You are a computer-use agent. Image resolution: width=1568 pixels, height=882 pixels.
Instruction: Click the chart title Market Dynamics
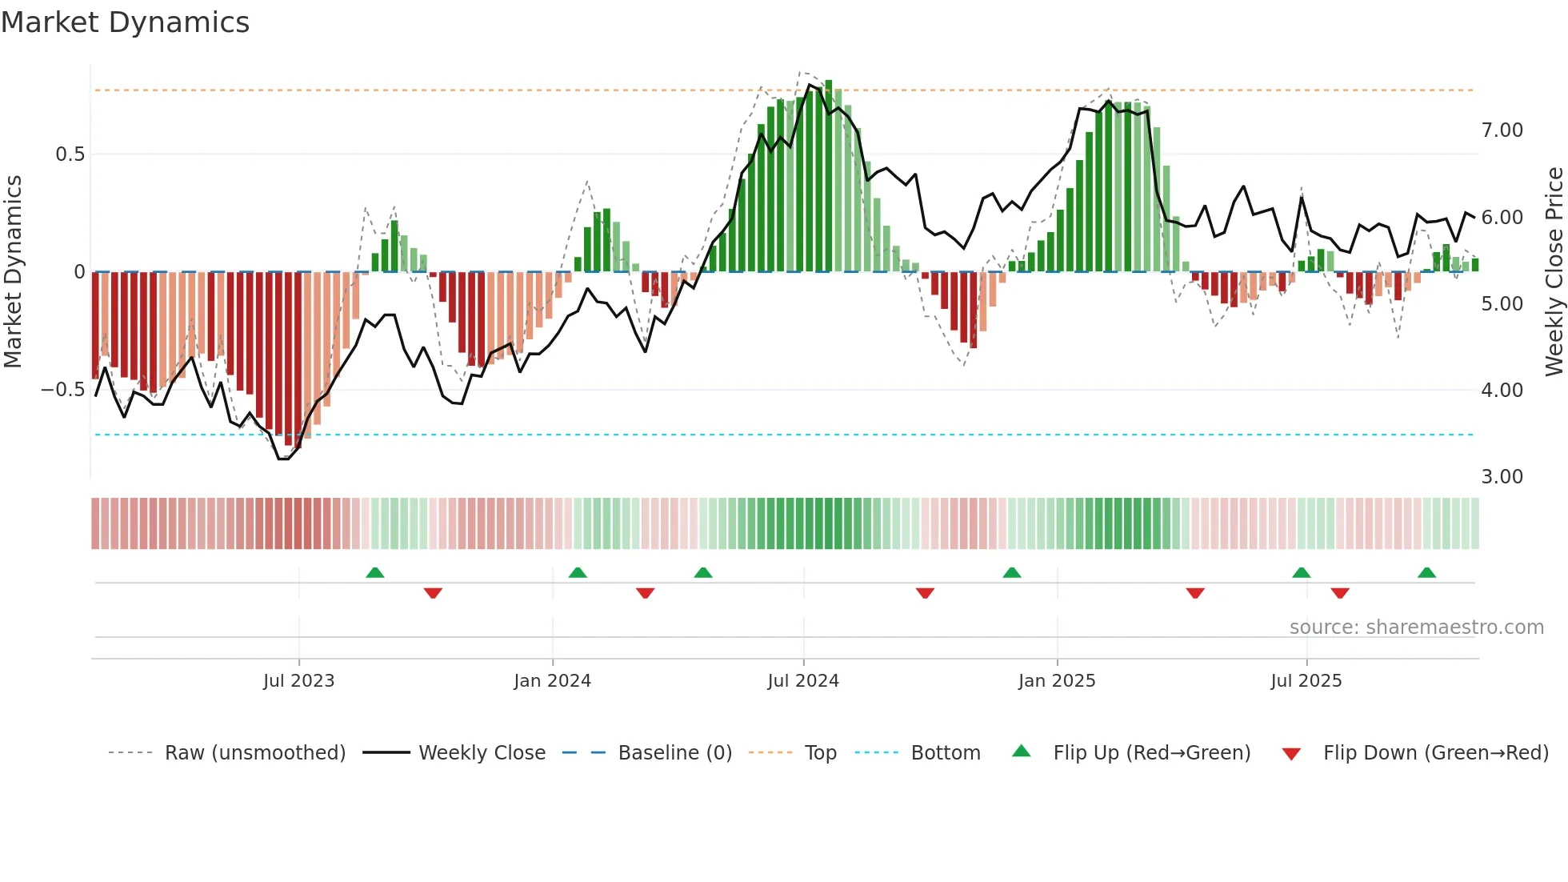tap(125, 22)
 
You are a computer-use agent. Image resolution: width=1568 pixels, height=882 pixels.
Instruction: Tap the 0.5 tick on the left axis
tap(70, 154)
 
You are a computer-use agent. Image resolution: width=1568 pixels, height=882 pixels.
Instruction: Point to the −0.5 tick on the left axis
tap(62, 390)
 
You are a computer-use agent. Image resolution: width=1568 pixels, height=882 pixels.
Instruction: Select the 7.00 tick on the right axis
tap(1502, 130)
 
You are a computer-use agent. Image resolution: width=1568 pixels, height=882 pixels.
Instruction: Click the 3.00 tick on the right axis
tap(1502, 477)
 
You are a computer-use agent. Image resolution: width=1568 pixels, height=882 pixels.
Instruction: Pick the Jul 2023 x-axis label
tap(298, 681)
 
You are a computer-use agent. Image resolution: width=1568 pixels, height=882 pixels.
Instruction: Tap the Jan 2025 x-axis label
tap(1056, 681)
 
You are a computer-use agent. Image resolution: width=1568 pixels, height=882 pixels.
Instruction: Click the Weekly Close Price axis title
tap(1554, 272)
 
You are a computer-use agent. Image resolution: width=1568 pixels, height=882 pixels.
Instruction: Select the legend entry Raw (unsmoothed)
tap(254, 753)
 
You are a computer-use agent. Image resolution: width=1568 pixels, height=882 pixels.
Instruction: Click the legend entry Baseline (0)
tap(674, 753)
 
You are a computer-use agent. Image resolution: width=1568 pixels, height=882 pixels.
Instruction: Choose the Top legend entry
tap(820, 753)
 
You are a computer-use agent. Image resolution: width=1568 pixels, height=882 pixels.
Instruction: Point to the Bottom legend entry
tap(945, 753)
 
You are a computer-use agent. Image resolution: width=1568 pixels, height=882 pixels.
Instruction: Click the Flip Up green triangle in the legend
tap(1022, 752)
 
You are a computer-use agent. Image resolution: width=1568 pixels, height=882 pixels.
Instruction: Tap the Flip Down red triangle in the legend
tap(1291, 754)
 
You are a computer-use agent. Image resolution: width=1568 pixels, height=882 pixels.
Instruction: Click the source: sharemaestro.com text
tap(1416, 627)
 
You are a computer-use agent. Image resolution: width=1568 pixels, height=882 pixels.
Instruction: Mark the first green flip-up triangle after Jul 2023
tap(374, 572)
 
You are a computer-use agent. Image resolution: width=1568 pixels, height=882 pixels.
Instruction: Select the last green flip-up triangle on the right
tap(1426, 572)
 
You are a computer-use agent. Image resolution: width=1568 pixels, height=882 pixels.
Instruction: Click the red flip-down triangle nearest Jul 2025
tap(1340, 593)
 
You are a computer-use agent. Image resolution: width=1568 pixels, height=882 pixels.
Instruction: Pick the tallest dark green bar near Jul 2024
tap(829, 176)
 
